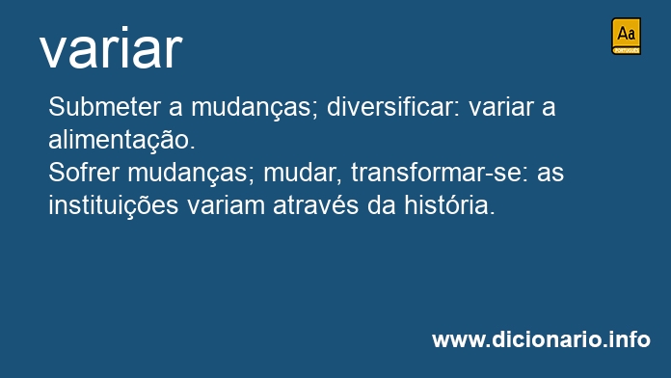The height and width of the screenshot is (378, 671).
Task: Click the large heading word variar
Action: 111,47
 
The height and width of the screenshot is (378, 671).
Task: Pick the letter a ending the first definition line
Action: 549,109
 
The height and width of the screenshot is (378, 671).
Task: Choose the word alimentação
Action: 121,140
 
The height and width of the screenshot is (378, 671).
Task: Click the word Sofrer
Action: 84,173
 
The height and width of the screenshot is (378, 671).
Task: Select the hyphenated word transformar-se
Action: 440,173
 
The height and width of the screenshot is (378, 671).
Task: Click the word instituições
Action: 114,206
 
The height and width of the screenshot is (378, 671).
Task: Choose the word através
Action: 316,205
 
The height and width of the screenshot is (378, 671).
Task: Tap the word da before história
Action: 382,205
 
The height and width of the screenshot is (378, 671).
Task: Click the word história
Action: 450,205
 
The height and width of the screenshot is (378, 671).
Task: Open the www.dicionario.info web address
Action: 542,339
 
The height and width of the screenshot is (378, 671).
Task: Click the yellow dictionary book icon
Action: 626,37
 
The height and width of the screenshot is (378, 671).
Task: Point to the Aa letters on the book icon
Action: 626,34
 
